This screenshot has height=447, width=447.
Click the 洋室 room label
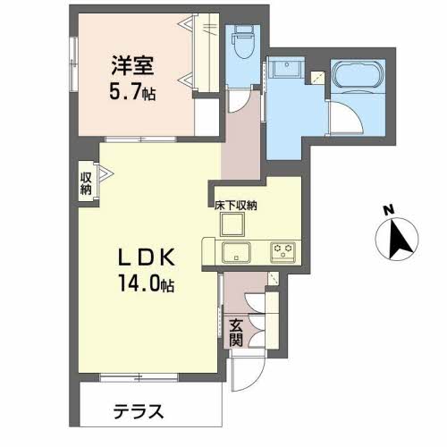pyautogui.click(x=131, y=64)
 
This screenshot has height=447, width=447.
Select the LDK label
pyautogui.click(x=147, y=257)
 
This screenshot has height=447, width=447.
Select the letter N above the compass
pyautogui.click(x=388, y=210)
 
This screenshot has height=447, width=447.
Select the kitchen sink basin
pyautogui.click(x=236, y=250)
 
